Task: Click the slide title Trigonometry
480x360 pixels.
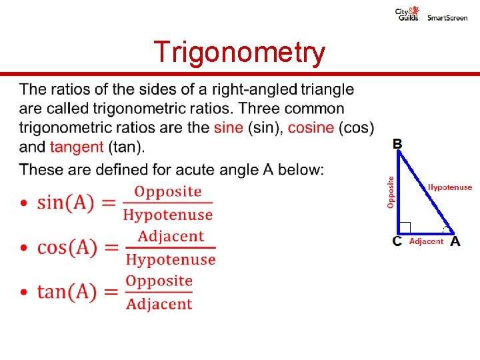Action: [x=239, y=52]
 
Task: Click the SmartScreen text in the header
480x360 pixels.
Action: [x=447, y=18]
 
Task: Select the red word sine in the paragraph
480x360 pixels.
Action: [x=229, y=127]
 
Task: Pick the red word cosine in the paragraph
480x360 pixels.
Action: [x=311, y=127]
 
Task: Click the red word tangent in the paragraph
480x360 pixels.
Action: [x=77, y=147]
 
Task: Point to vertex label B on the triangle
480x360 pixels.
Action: [x=397, y=143]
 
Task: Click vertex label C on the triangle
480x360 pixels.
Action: [x=397, y=241]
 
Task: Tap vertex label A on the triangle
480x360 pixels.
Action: [x=455, y=241]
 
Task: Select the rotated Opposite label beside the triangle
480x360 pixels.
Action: [x=391, y=191]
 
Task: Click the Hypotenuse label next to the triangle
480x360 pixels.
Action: [x=450, y=188]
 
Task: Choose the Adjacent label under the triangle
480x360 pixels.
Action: [x=426, y=241]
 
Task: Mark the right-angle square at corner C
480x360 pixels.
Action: [x=405, y=227]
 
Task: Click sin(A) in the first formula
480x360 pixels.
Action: [x=66, y=202]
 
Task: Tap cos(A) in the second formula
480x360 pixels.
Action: [x=68, y=247]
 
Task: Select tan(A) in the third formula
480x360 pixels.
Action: [x=67, y=291]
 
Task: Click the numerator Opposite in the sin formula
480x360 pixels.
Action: [x=168, y=191]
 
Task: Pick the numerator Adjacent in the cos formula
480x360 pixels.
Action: [x=171, y=236]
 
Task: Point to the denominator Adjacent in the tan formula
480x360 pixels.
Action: [x=159, y=305]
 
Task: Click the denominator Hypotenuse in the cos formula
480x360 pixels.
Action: [x=171, y=259]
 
